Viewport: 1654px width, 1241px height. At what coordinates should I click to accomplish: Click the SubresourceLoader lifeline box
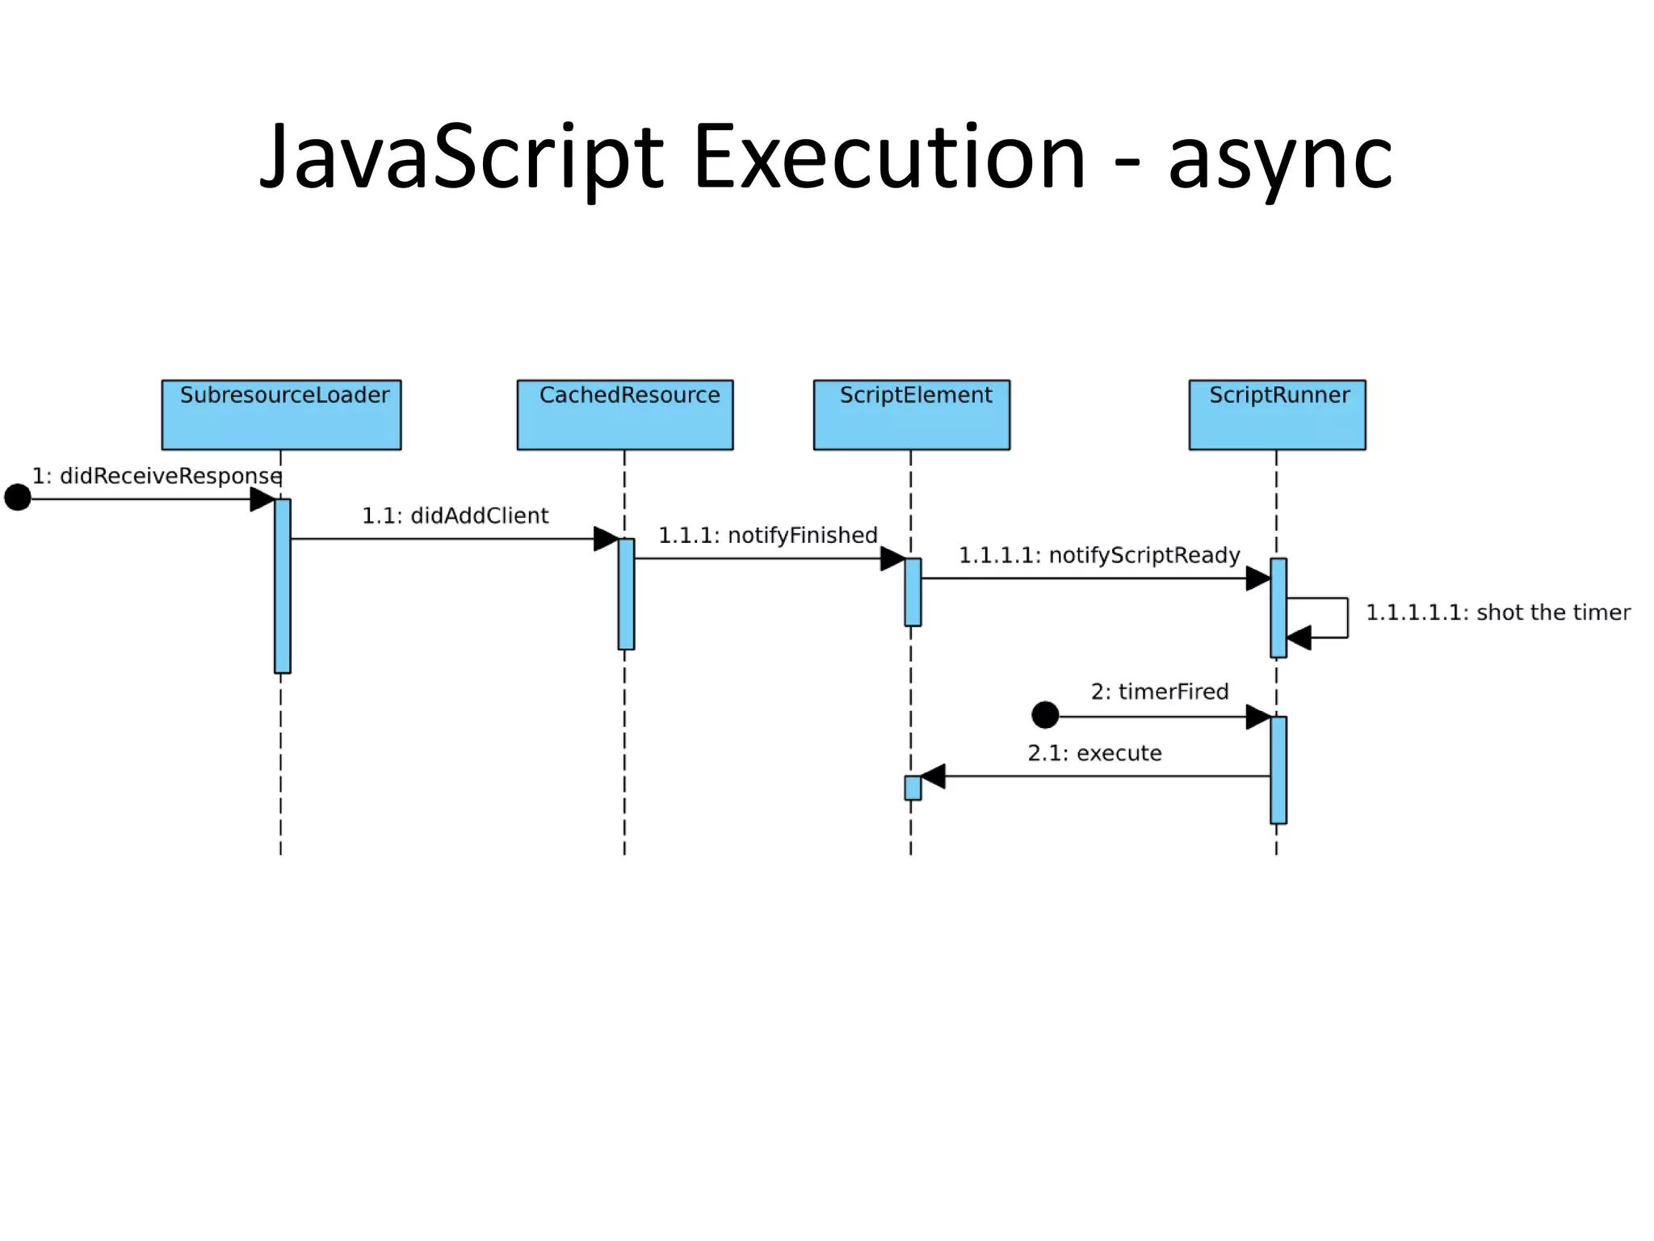tap(281, 414)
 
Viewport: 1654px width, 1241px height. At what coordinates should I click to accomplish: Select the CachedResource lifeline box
tap(625, 414)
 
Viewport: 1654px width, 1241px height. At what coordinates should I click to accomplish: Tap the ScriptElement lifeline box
tap(911, 414)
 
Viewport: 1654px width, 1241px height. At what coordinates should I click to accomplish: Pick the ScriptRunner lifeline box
tap(1277, 414)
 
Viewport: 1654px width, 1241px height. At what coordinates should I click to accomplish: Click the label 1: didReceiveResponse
tap(157, 476)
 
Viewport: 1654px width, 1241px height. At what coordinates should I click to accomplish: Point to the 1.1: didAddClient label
tap(455, 515)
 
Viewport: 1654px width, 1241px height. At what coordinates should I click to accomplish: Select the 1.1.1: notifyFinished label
tap(767, 536)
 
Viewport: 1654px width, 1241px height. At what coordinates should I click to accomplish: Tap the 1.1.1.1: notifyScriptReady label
tap(1099, 556)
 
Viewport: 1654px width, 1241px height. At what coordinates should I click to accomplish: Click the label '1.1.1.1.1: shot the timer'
tap(1497, 612)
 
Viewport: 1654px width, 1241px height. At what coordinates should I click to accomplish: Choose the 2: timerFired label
tap(1160, 692)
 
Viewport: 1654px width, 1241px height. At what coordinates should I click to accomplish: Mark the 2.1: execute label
tap(1094, 753)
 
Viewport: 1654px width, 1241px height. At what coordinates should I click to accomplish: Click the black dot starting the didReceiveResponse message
tap(18, 498)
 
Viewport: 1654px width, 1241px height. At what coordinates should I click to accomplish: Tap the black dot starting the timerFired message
tap(1045, 715)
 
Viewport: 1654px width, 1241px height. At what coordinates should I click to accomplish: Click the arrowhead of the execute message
tap(933, 776)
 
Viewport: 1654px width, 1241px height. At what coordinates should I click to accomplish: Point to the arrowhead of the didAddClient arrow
tap(606, 539)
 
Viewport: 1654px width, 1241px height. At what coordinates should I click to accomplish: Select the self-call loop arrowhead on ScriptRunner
tap(1299, 637)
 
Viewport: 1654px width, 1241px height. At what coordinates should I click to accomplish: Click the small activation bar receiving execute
tap(913, 788)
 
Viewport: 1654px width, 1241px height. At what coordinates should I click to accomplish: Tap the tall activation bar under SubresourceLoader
tap(282, 586)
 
